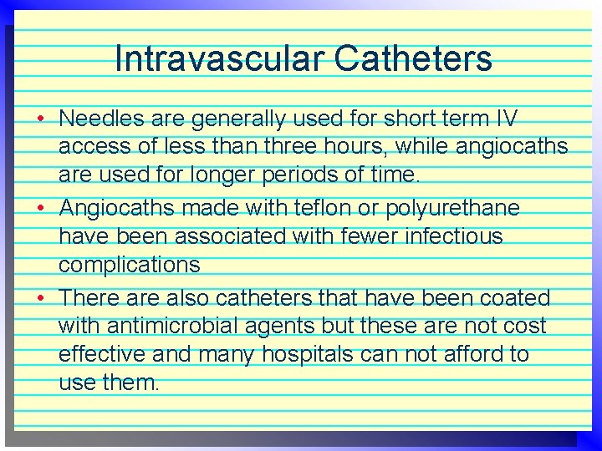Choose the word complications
pyautogui.click(x=130, y=266)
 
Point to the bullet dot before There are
pyautogui.click(x=40, y=298)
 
